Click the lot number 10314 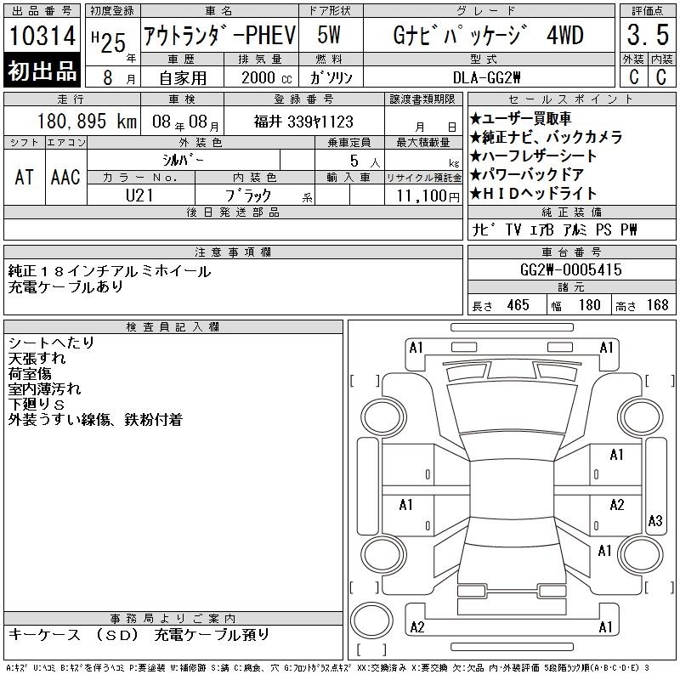pos(42,35)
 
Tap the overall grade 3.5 pos(648,35)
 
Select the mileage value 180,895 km pos(87,122)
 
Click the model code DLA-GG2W pos(486,77)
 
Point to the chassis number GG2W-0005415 pos(570,269)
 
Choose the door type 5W pos(329,35)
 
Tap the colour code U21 pos(139,195)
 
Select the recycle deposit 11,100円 pos(428,196)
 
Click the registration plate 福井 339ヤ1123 pos(303,122)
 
